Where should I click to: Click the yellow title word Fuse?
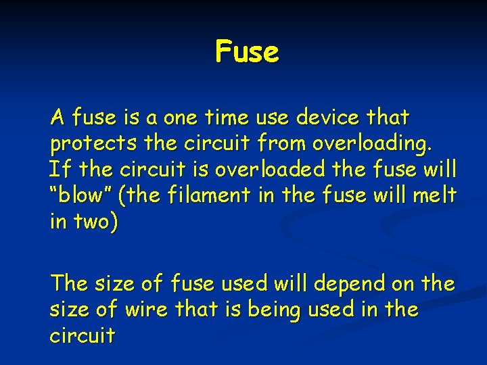pos(247,52)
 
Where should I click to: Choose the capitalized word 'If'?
pos(57,170)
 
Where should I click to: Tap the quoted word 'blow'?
pos(80,195)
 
